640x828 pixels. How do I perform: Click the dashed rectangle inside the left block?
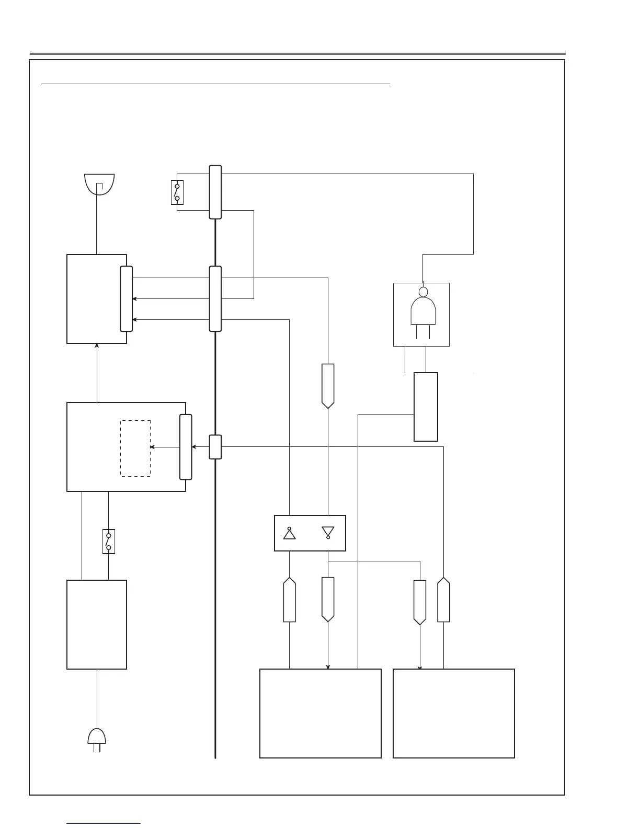pos(135,448)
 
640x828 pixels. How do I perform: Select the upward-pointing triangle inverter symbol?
pos(289,533)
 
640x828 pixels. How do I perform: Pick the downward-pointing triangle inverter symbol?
pos(328,533)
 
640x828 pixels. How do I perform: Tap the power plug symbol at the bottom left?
pos(97,738)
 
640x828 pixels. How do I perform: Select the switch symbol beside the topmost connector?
pos(177,192)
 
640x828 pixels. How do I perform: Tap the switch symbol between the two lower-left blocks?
pos(109,541)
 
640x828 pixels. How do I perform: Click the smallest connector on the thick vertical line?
pos(215,447)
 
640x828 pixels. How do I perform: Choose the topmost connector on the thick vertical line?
pos(215,192)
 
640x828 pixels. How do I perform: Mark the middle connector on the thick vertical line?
pos(215,298)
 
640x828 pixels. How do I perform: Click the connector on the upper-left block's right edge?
pos(126,298)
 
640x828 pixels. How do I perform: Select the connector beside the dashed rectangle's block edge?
pos(186,447)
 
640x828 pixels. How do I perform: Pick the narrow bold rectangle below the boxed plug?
pos(426,407)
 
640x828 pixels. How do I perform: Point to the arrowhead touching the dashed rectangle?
pos(152,447)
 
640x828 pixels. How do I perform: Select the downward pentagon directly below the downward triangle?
pos(328,599)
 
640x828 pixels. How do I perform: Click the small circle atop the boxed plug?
pos(423,292)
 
